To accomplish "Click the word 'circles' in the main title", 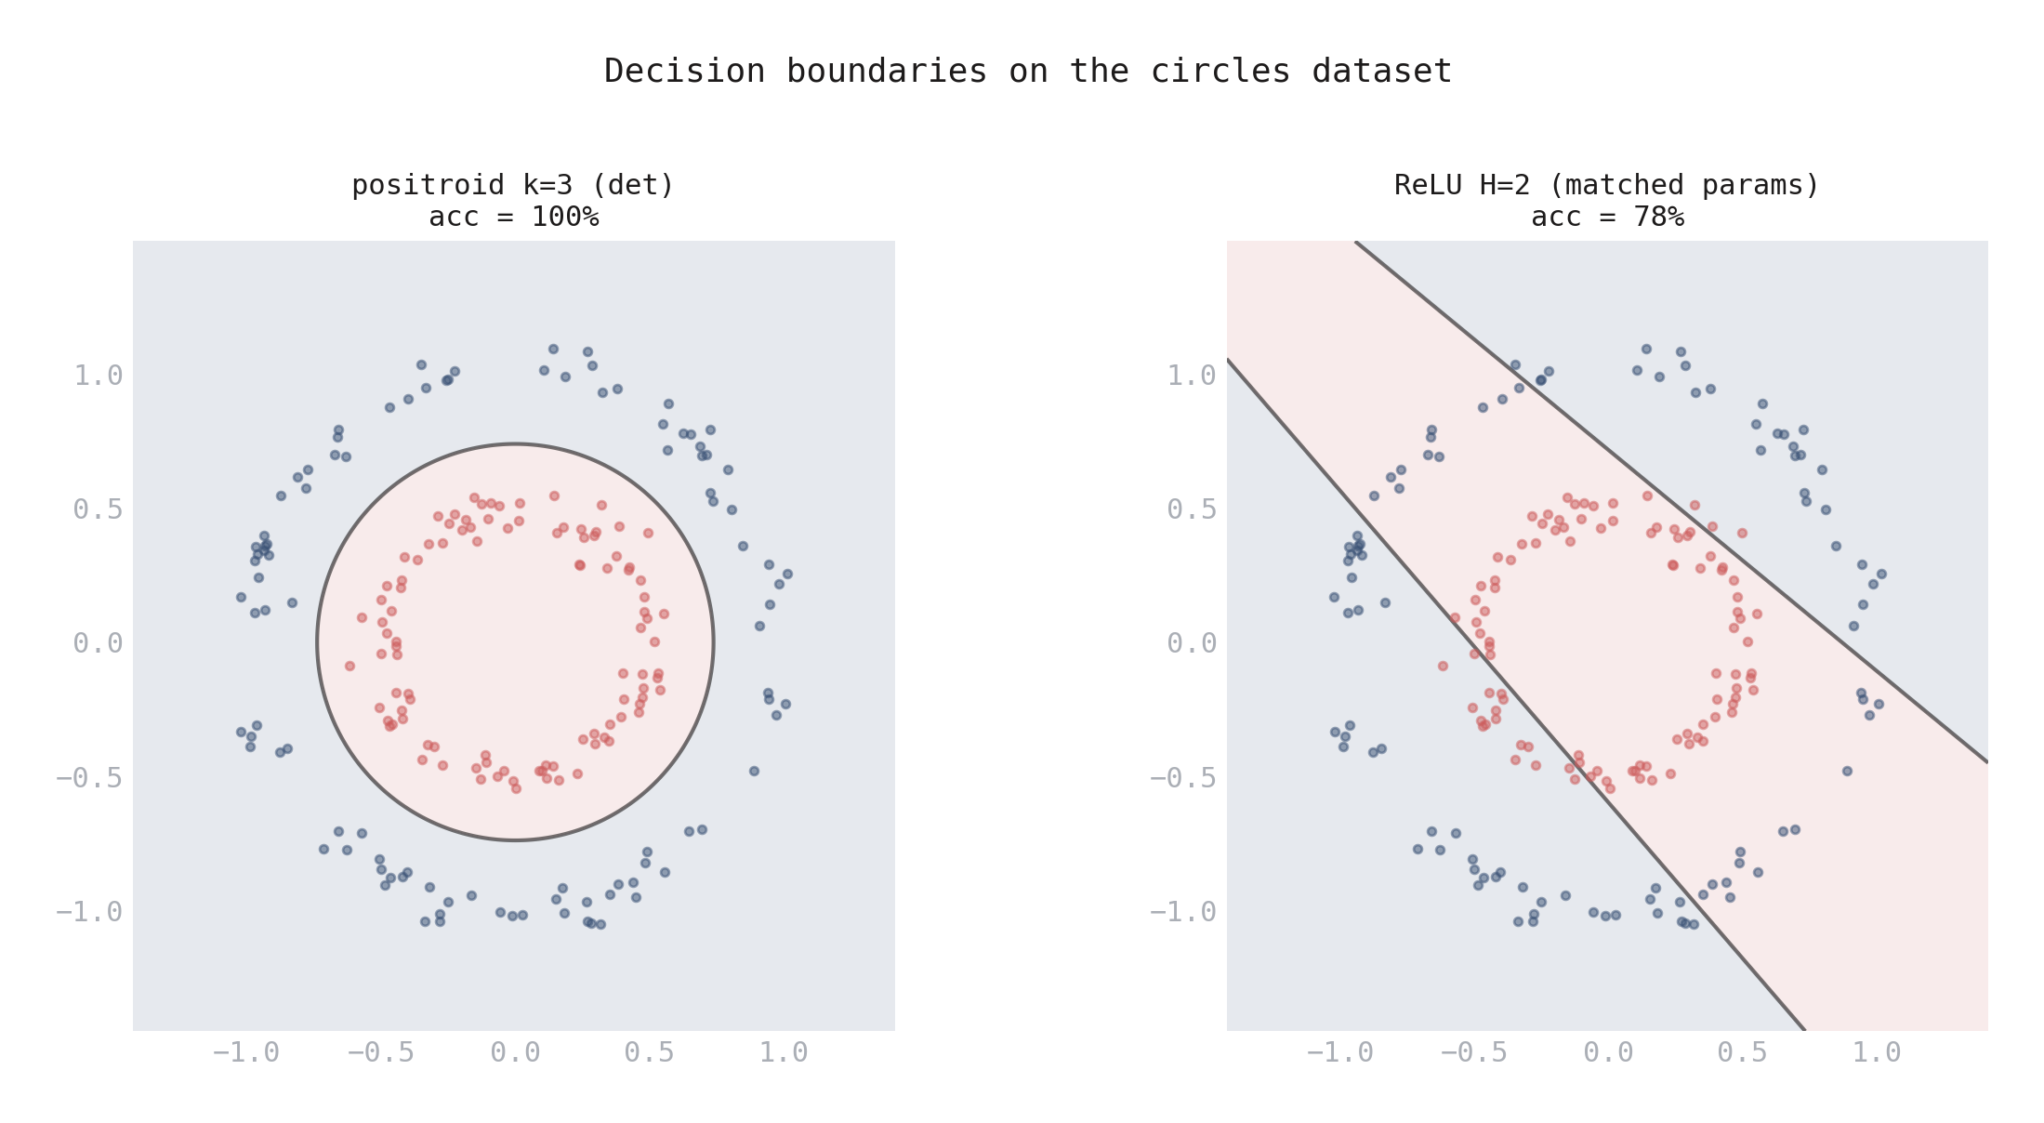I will click(x=1220, y=72).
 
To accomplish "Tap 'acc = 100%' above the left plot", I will click(x=513, y=217).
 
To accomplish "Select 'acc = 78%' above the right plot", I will click(x=1607, y=217).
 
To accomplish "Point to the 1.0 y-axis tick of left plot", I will click(x=98, y=376).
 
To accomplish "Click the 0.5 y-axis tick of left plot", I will click(x=98, y=509).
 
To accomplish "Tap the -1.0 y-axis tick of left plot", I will click(x=89, y=912).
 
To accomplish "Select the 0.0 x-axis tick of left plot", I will click(x=515, y=1053).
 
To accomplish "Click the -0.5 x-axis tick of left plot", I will click(x=380, y=1053).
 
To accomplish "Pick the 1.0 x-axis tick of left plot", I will click(x=784, y=1053).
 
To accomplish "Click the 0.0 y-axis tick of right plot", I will click(x=1192, y=643).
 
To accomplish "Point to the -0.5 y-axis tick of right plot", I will click(x=1183, y=778).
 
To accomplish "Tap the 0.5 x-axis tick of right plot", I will click(x=1742, y=1053).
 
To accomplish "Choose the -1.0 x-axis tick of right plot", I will click(x=1339, y=1053).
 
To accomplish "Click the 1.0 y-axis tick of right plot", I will click(x=1192, y=376).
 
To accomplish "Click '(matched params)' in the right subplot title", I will click(x=1683, y=185).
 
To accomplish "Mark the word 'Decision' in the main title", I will click(x=684, y=72).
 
